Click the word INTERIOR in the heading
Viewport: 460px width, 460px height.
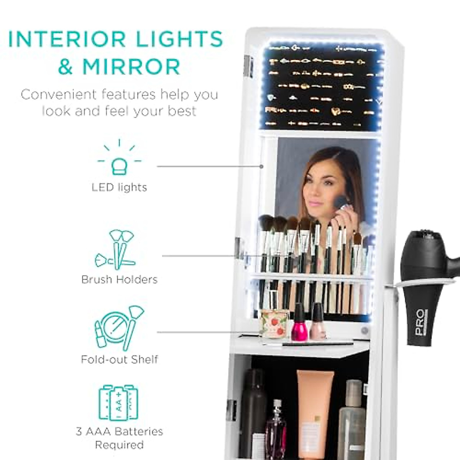[67, 39]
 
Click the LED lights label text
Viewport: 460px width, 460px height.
[119, 187]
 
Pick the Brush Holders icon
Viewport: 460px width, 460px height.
[116, 249]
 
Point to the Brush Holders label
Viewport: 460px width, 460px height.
[119, 279]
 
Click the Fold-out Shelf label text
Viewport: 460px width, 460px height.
[119, 360]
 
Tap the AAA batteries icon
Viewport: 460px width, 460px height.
[119, 402]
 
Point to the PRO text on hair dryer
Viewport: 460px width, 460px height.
[421, 322]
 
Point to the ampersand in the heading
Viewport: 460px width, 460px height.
[66, 66]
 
